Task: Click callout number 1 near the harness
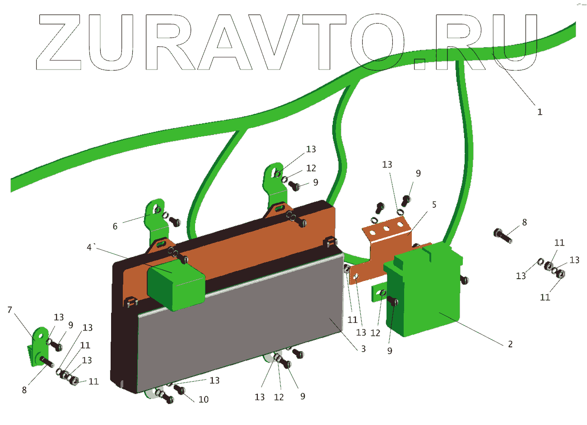click(540, 112)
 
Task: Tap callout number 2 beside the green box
click(510, 344)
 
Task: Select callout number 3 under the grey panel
click(363, 349)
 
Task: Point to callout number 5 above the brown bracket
click(434, 205)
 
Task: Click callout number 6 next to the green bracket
click(115, 226)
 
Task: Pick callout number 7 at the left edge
click(10, 310)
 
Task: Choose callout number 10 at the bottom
click(204, 399)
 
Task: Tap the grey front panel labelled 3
click(239, 325)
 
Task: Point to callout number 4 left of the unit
click(90, 247)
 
